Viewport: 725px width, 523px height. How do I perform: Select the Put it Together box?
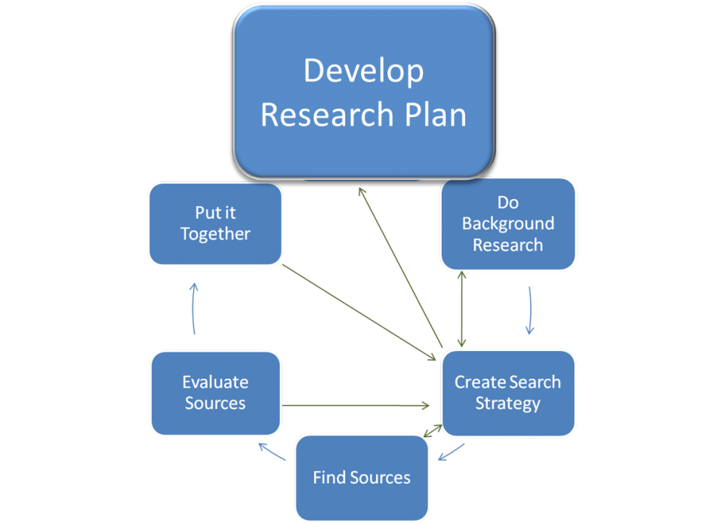coord(215,224)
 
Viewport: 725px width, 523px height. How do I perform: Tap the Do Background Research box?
coord(507,223)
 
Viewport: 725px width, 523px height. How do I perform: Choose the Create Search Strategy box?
coord(507,392)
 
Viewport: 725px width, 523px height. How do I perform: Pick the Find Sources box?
coord(362,477)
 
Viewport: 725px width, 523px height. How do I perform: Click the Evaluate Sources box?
coord(215,392)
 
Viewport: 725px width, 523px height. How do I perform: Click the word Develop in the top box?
coord(363,71)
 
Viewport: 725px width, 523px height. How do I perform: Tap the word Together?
coord(215,235)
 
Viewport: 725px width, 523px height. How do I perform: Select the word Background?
coord(507,223)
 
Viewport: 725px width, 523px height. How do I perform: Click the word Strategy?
coord(507,403)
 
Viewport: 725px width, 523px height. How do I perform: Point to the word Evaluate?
coord(215,382)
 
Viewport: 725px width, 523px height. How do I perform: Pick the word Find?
coord(329,477)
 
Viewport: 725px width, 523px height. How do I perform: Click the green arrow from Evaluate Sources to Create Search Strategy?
coord(355,406)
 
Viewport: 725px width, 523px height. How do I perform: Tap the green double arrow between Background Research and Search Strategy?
coord(461,309)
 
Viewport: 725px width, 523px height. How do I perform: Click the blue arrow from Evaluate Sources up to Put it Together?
coord(194,309)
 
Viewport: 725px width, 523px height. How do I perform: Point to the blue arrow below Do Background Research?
coord(530,309)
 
